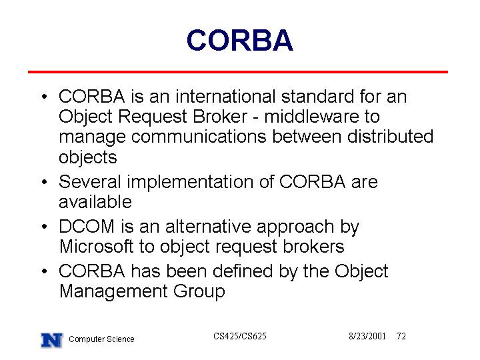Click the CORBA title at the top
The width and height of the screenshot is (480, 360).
pos(240,40)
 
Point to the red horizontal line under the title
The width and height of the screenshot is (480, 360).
pos(238,72)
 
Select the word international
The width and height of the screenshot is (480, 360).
pos(225,97)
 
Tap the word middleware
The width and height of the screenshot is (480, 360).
pos(311,116)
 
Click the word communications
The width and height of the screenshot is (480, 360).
pos(199,137)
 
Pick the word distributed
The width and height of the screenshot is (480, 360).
pos(390,136)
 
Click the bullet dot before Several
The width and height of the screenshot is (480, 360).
pos(45,182)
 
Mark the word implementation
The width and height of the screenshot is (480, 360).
pos(190,183)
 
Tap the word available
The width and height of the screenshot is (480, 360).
pos(95,202)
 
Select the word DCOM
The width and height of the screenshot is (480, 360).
pos(87,227)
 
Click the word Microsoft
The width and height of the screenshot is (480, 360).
pos(97,247)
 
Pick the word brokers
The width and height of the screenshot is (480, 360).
pos(313,247)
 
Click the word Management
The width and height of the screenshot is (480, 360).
pos(113,291)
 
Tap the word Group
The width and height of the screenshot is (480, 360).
pos(199,291)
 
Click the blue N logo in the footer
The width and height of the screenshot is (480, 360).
pos(52,340)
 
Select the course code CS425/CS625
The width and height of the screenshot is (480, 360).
pos(240,337)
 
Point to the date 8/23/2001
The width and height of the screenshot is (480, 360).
pos(367,337)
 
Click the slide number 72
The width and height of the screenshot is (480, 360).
pos(401,337)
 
